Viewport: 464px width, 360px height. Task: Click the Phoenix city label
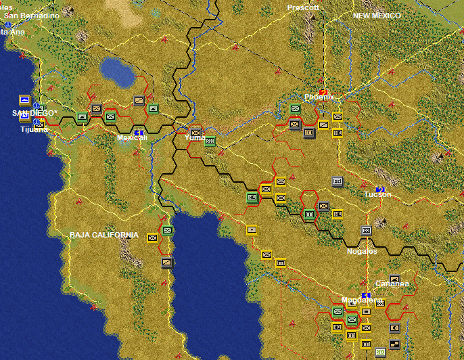click(x=319, y=97)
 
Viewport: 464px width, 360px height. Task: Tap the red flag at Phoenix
click(x=323, y=91)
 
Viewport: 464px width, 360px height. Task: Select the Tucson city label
click(x=377, y=194)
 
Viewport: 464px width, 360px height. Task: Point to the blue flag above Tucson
click(x=380, y=187)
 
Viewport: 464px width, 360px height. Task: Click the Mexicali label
click(x=132, y=137)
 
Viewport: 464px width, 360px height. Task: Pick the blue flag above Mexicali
click(x=139, y=131)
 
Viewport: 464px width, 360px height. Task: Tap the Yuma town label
click(x=195, y=138)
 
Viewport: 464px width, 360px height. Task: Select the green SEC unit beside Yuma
click(x=210, y=141)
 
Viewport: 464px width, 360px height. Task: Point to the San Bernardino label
click(x=31, y=14)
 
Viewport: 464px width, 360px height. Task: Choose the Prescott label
click(x=302, y=7)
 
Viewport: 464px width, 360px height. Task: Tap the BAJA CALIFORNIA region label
click(x=104, y=235)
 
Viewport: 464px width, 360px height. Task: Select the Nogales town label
click(x=362, y=251)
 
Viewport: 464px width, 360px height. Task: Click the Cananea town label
click(x=392, y=284)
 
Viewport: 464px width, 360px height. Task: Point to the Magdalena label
click(x=362, y=300)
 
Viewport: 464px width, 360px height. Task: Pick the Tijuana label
click(x=34, y=129)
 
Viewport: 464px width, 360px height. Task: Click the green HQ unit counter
click(x=252, y=197)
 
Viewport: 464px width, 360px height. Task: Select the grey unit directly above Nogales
click(x=366, y=231)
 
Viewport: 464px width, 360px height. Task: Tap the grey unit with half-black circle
click(x=395, y=329)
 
